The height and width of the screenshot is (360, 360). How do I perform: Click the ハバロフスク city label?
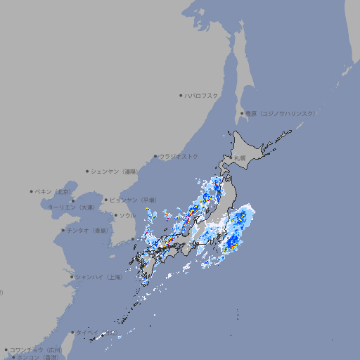point(201,95)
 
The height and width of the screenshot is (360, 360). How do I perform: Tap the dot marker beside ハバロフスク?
point(181,95)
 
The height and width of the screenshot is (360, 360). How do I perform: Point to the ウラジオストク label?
point(179,156)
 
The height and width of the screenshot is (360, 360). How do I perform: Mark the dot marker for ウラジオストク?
point(155,156)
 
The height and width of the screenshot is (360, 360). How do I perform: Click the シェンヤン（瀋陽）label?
point(115,171)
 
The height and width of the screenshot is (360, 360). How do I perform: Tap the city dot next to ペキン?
point(32,191)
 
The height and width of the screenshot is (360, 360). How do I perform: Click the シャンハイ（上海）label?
point(98,277)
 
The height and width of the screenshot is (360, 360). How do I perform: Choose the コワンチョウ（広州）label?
point(35,349)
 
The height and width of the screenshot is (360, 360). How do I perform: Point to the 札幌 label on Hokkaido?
point(240,158)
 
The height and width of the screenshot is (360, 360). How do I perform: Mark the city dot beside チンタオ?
point(63,230)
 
